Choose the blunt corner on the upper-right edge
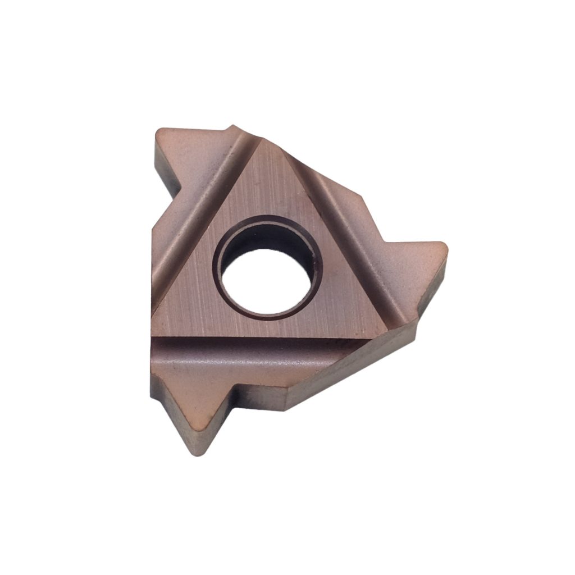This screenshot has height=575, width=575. (359, 197)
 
